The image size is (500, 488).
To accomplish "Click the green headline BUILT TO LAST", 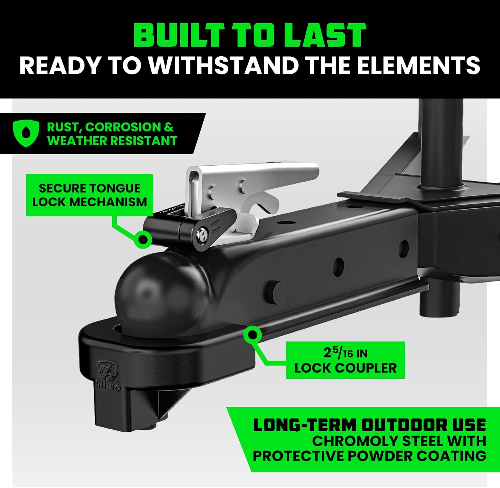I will [x=250, y=35].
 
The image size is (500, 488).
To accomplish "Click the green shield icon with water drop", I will [x=25, y=134].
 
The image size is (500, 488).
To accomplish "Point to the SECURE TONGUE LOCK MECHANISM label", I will [x=90, y=195].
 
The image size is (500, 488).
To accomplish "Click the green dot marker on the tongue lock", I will [x=143, y=239].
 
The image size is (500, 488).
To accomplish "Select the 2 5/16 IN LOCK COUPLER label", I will [x=346, y=360].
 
